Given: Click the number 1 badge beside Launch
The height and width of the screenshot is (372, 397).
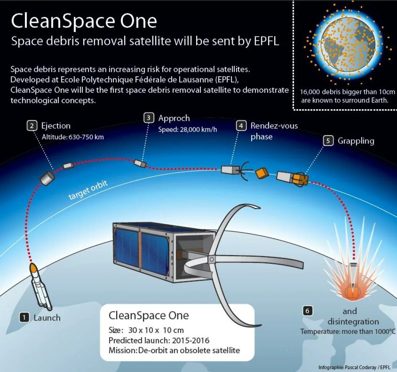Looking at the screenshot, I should tap(24, 318).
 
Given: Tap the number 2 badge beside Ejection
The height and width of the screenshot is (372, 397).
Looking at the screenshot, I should tap(32, 126).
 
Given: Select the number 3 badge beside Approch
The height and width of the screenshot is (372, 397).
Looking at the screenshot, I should tap(149, 118).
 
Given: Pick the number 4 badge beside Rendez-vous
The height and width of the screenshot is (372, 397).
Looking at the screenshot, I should tap(241, 126).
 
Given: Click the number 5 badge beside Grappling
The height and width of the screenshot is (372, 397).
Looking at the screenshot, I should tap(328, 141).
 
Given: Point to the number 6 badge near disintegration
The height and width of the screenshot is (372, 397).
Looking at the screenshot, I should tap(307, 311).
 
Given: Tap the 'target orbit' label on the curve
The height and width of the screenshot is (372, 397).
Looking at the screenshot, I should tap(88, 190).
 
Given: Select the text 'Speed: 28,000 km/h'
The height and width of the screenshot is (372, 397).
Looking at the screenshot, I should tap(187, 130).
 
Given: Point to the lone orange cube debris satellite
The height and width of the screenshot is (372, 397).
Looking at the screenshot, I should tap(262, 173).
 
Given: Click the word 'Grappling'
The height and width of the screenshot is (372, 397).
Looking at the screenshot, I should tap(356, 141).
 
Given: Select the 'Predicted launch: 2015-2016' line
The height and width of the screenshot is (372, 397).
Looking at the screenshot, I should tap(159, 341).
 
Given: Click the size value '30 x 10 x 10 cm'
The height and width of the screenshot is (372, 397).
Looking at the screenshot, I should tap(156, 330).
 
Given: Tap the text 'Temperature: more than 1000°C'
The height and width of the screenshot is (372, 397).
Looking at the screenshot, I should tap(347, 331).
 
